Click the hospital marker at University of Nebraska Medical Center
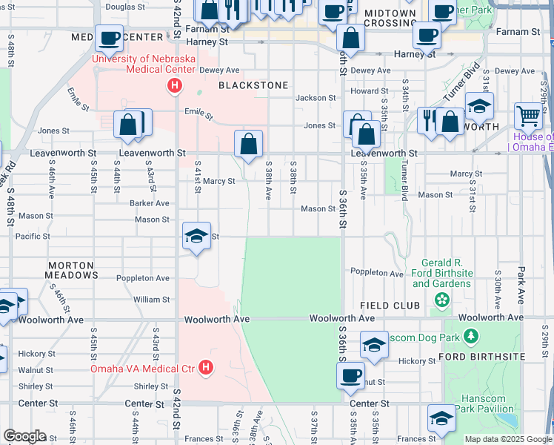(x=174, y=87)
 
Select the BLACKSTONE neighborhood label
(x=253, y=85)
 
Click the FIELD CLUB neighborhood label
(x=390, y=306)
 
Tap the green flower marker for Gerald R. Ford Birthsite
(x=442, y=300)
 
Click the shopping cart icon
(x=528, y=116)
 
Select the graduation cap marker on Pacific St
(x=196, y=237)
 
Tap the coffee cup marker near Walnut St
(x=351, y=375)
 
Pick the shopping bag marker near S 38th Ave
(x=249, y=143)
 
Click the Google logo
(x=24, y=436)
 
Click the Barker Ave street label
(x=150, y=202)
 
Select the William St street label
(x=151, y=300)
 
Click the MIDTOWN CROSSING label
(x=390, y=19)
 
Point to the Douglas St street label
(x=125, y=7)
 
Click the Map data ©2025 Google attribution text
(x=507, y=439)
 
